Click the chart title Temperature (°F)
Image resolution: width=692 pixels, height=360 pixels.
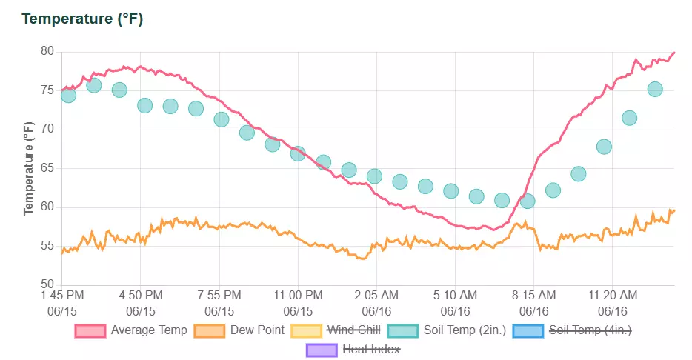(82, 19)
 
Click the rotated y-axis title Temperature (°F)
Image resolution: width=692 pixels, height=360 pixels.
(29, 168)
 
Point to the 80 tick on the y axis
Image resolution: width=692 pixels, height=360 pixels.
(47, 52)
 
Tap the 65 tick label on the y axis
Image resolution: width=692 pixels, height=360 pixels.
(47, 168)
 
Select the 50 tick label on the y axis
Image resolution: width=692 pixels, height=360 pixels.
(47, 284)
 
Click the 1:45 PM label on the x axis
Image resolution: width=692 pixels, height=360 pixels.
(61, 296)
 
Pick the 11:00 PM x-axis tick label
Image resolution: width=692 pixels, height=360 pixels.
(297, 296)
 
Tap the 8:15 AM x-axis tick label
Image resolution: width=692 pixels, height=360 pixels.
(533, 296)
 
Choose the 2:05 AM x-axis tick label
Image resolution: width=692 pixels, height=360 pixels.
(376, 296)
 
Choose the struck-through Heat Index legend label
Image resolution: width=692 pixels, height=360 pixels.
(371, 348)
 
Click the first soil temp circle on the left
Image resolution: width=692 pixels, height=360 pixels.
(68, 95)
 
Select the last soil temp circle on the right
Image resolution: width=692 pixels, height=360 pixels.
(655, 89)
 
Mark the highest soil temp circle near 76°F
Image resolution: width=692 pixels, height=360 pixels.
(94, 85)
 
